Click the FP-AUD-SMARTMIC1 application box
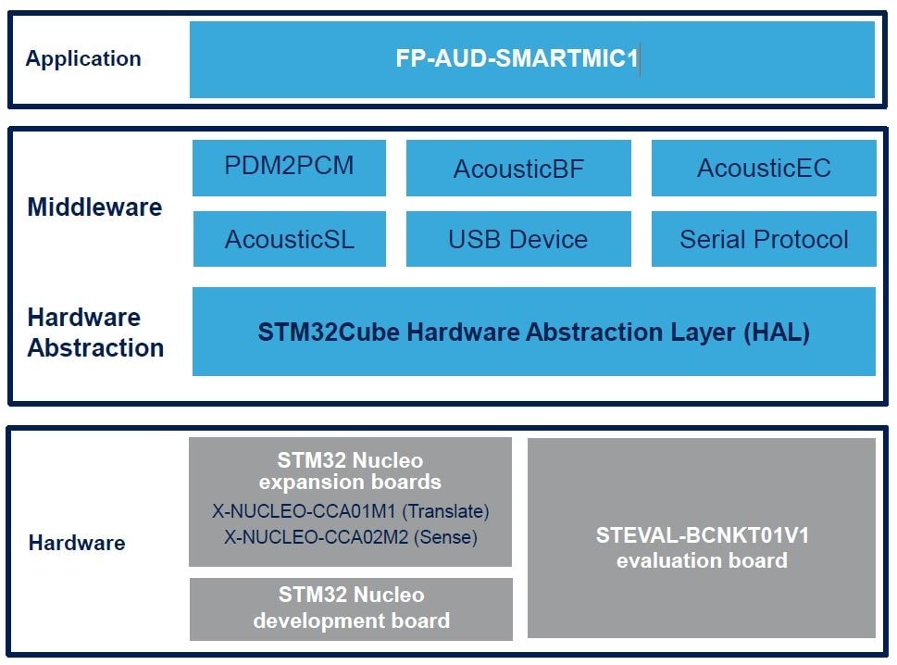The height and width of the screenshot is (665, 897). coord(531,59)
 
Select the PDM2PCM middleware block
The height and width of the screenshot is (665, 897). coord(289,168)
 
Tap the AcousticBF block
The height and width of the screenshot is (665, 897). coord(518,169)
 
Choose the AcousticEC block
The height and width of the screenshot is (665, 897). coord(764,169)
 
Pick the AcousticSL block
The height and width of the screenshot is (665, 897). coord(289,239)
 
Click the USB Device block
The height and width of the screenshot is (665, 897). coord(518,239)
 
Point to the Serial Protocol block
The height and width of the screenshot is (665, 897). coord(764,239)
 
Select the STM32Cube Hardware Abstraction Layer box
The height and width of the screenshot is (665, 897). coord(533,332)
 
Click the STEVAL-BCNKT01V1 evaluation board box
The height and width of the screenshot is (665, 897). coord(702,538)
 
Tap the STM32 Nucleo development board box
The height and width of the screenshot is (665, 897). coord(351,609)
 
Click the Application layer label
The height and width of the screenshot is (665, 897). coord(83,59)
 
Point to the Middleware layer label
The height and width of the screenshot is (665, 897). coord(94,207)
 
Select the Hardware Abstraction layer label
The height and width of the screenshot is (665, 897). coord(95,332)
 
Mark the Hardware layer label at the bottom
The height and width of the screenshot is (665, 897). coord(77,544)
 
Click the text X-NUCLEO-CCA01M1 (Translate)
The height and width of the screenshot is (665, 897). coord(351,511)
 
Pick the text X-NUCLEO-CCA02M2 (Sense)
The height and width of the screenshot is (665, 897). coord(351,535)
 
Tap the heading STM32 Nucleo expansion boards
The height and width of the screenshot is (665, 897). coord(350,471)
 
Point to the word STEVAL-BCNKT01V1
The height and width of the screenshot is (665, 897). coord(702,535)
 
